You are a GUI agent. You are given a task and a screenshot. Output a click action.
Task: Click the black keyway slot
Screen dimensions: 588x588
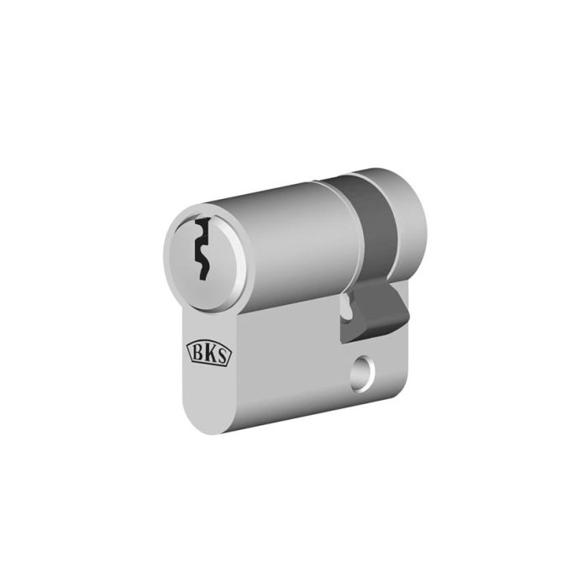pyautogui.click(x=202, y=249)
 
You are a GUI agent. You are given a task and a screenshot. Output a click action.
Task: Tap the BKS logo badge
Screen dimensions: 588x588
pyautogui.click(x=209, y=354)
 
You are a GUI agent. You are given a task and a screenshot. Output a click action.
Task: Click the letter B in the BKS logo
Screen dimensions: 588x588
pyautogui.click(x=197, y=352)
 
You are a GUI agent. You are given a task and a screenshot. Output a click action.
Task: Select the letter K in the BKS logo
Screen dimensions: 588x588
pyautogui.click(x=209, y=354)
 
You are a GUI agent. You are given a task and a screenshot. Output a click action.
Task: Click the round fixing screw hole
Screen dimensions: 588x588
pyautogui.click(x=362, y=369)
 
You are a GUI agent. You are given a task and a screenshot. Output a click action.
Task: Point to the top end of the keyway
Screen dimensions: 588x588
pyautogui.click(x=203, y=219)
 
